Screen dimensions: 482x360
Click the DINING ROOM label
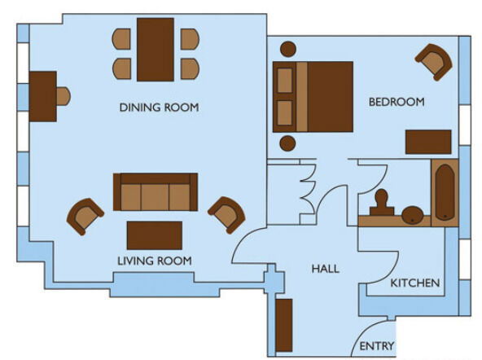(x=159, y=108)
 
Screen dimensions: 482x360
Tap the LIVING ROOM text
(x=155, y=261)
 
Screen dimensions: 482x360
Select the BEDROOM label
(x=397, y=102)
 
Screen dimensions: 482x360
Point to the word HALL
(x=325, y=269)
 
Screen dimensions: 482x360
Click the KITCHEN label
(x=415, y=283)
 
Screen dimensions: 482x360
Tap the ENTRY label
(x=376, y=346)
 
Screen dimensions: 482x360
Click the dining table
(x=156, y=50)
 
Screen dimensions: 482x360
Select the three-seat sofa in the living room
(x=156, y=192)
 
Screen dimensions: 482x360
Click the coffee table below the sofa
(x=155, y=235)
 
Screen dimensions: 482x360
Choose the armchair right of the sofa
(x=227, y=215)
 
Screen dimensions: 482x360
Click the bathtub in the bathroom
(x=445, y=193)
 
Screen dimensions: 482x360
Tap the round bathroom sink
(x=413, y=215)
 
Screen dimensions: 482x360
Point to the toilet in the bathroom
(x=382, y=203)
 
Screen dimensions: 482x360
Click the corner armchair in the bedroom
(x=434, y=62)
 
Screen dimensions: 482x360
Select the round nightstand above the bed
(x=288, y=49)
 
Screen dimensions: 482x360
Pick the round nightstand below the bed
(x=287, y=143)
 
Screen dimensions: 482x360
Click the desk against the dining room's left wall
(x=43, y=97)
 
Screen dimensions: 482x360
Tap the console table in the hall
(x=284, y=325)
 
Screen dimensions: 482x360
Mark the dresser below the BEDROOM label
(x=428, y=142)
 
